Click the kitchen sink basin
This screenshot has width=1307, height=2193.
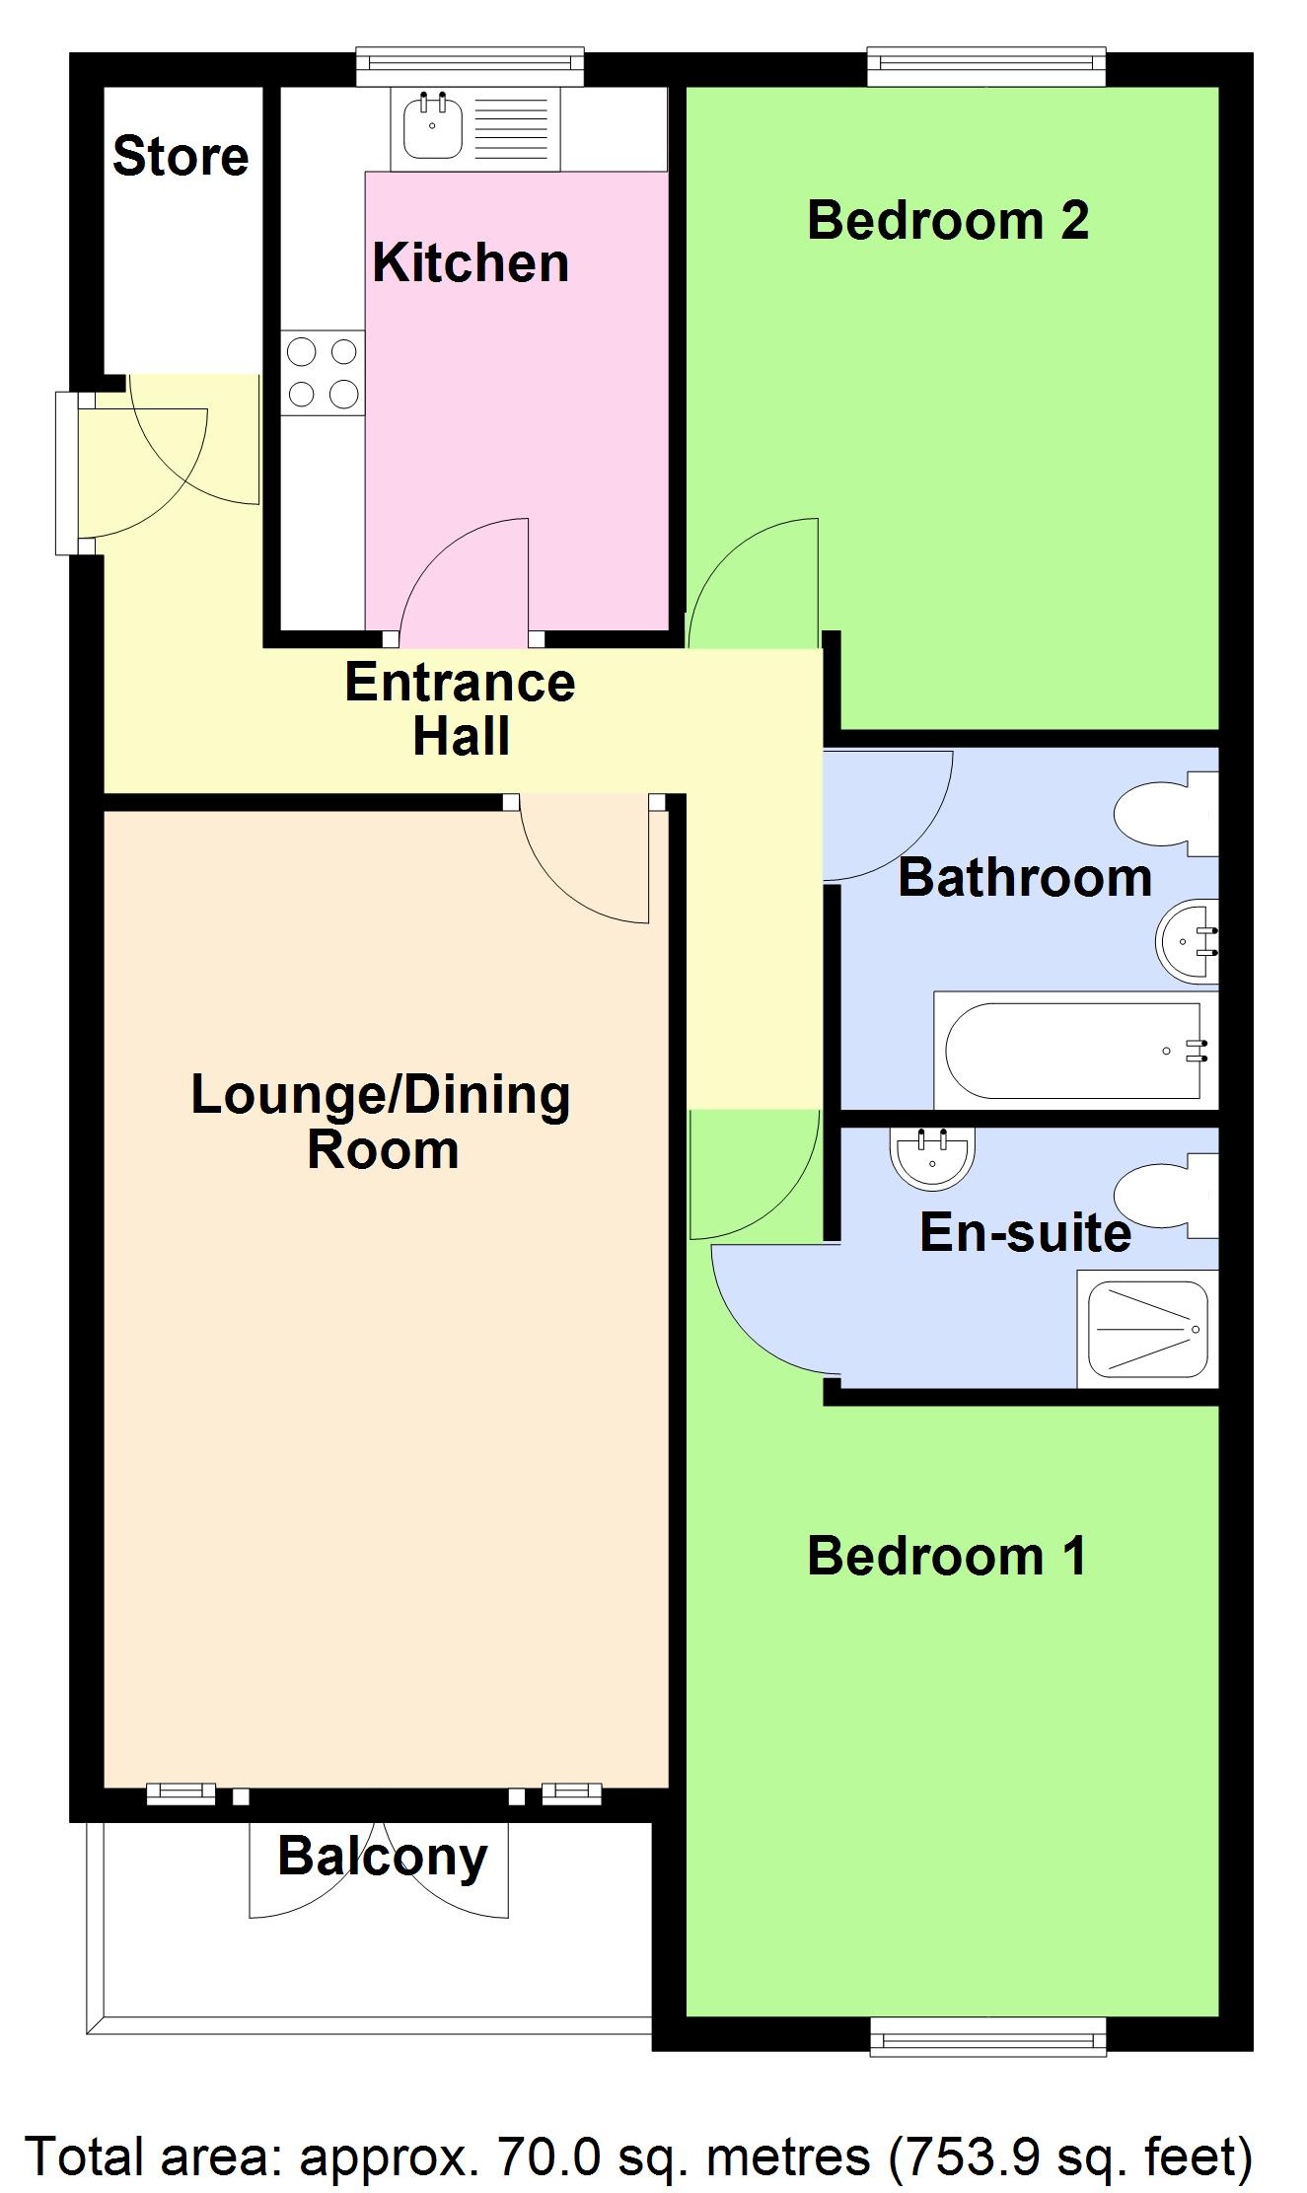[432, 126]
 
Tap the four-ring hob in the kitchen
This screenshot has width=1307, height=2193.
[323, 373]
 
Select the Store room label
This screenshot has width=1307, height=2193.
[181, 157]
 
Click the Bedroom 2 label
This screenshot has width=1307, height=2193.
[947, 220]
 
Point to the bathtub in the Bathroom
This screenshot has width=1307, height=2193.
[1073, 1051]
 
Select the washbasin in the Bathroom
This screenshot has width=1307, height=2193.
[1188, 941]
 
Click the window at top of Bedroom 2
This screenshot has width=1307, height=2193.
[986, 65]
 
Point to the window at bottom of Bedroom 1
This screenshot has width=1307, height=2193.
[987, 2036]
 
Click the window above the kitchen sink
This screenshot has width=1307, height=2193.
[470, 65]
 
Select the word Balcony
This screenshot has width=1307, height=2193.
[383, 1858]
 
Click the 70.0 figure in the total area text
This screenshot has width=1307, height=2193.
[548, 2156]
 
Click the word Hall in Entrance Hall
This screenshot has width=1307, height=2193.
[462, 736]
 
